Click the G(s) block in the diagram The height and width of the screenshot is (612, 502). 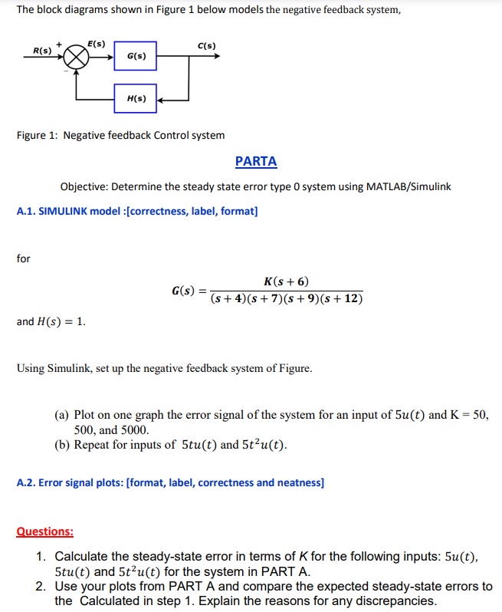(137, 56)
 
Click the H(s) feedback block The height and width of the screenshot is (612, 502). (137, 99)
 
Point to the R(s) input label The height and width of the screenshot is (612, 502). (41, 51)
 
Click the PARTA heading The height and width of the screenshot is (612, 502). (256, 161)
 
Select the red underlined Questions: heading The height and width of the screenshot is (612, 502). (45, 531)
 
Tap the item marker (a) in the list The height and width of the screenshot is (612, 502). (62, 415)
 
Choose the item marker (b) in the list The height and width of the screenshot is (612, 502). (62, 444)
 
